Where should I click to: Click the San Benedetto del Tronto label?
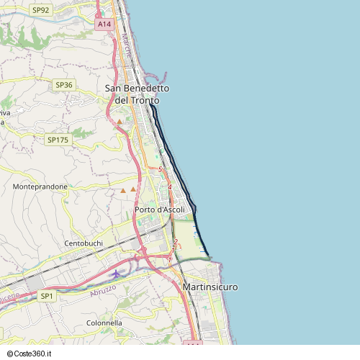(x=137, y=94)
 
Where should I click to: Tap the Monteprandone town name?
(x=40, y=186)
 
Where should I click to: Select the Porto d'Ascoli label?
(x=160, y=210)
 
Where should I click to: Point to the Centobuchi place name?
(x=84, y=243)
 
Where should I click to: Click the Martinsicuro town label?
(x=206, y=287)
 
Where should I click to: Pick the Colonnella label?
(x=104, y=323)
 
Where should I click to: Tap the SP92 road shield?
(x=40, y=10)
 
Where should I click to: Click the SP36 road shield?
(x=64, y=85)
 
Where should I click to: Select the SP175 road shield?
(x=57, y=140)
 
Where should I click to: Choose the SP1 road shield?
(x=47, y=296)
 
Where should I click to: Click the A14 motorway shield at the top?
(x=104, y=24)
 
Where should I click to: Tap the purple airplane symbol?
(x=117, y=274)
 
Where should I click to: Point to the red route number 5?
(x=160, y=169)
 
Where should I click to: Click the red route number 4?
(x=169, y=187)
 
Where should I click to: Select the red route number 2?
(x=175, y=241)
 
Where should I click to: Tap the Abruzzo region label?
(x=103, y=292)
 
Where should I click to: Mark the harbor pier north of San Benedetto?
(x=160, y=74)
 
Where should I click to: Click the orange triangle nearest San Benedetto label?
(x=120, y=122)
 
